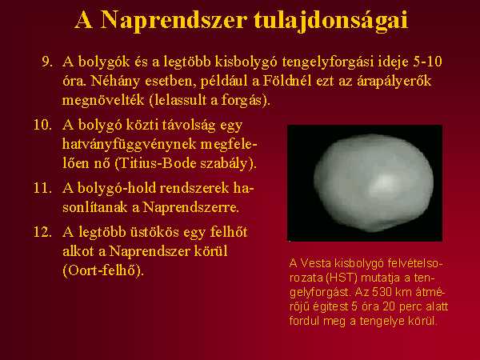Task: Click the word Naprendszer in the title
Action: [x=174, y=20]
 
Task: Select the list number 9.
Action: [x=47, y=62]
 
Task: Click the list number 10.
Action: [x=43, y=125]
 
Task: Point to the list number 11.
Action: [x=43, y=188]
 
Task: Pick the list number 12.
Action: [x=43, y=232]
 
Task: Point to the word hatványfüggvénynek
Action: [x=129, y=145]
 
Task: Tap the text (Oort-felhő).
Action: [x=103, y=270]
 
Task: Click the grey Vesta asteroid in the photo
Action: [x=373, y=183]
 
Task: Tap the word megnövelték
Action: [x=103, y=101]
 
